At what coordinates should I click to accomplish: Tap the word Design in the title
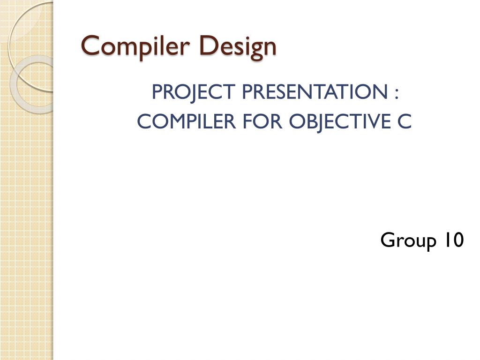(x=238, y=47)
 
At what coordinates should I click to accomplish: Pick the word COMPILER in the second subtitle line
(x=187, y=121)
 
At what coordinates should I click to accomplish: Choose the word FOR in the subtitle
(x=262, y=121)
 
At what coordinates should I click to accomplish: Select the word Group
(x=408, y=240)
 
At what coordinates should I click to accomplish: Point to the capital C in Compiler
(x=91, y=45)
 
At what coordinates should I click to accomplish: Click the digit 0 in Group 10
(x=458, y=240)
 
